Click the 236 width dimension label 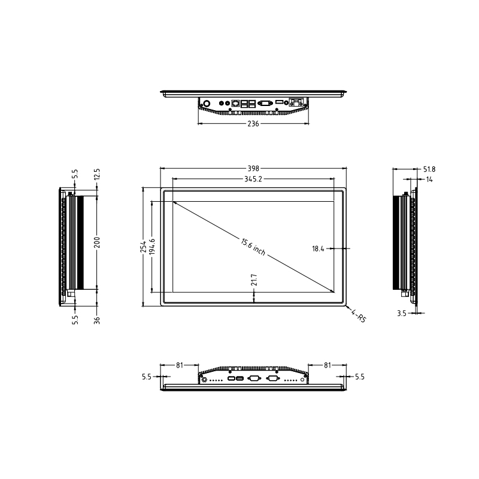[x=253, y=124]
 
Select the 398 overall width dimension [x=253, y=169]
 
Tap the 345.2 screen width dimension [x=253, y=178]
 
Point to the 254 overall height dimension [x=143, y=247]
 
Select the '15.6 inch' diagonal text [x=253, y=247]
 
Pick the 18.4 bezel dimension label [x=317, y=248]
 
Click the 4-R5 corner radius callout [x=358, y=316]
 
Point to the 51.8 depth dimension [x=429, y=169]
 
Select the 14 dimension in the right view [x=429, y=179]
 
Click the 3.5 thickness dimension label [x=402, y=313]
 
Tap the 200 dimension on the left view [x=97, y=241]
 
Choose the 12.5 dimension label [x=97, y=174]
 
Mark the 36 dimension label [x=97, y=319]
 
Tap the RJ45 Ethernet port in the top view [x=237, y=103]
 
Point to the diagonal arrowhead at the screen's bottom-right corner [x=332, y=292]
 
